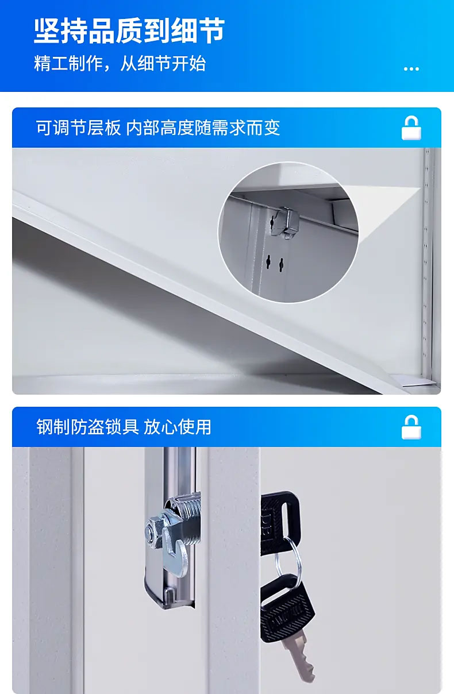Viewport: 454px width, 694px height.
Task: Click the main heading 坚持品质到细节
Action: (x=129, y=30)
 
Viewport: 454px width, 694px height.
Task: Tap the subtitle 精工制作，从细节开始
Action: (x=120, y=64)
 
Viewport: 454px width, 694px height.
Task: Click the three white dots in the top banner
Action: (x=411, y=69)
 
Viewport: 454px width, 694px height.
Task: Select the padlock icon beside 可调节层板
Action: (x=411, y=128)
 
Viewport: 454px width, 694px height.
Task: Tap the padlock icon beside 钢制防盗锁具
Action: (x=411, y=427)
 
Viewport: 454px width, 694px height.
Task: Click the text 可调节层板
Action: (x=78, y=128)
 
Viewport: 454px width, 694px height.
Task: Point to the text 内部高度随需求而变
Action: (x=203, y=128)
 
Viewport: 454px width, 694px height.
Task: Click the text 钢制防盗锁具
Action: (x=88, y=427)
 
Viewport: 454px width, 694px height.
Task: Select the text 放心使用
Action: (x=177, y=427)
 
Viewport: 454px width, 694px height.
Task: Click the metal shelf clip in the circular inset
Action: (x=286, y=222)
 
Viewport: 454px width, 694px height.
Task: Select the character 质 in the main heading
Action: (x=129, y=30)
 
